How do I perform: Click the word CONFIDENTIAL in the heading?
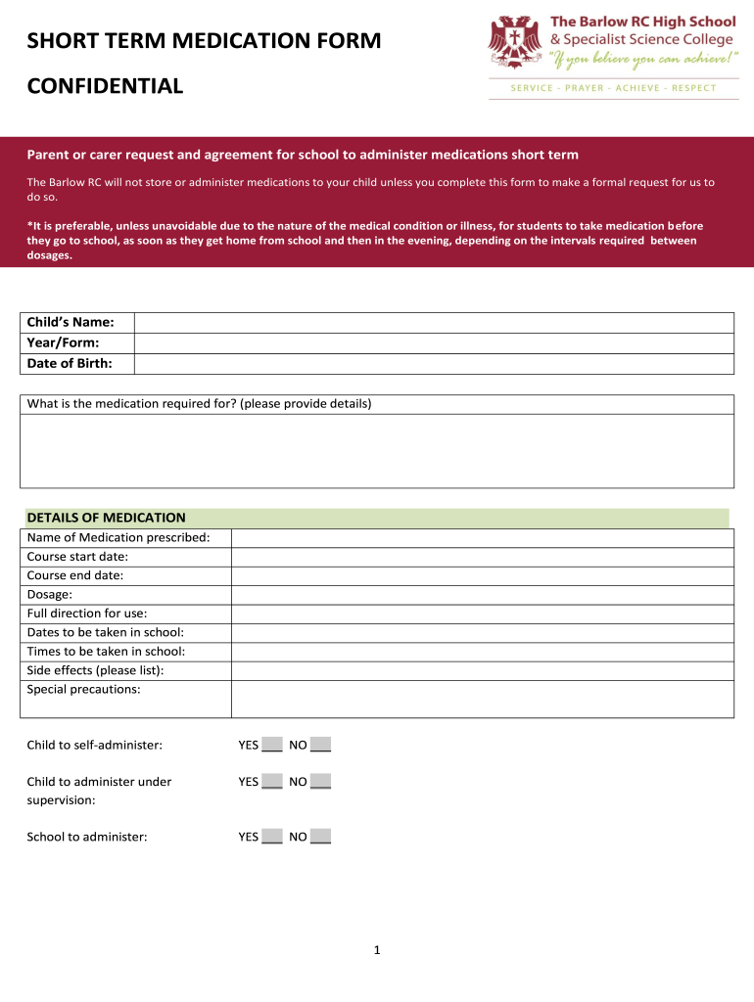105,86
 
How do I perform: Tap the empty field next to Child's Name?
433,323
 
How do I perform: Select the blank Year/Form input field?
433,343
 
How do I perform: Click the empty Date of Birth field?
433,364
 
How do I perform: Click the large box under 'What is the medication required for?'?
377,450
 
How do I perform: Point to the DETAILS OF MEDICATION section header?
106,518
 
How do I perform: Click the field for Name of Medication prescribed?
482,538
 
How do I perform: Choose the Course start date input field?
482,557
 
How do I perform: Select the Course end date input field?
482,575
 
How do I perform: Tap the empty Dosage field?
482,595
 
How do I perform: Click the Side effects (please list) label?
95,670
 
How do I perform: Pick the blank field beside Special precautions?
482,699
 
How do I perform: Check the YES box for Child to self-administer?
272,745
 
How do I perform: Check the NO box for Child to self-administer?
320,745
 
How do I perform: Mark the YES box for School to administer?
272,837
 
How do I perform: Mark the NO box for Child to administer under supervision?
320,781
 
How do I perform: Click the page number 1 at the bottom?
377,950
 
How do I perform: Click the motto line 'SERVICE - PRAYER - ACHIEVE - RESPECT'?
614,88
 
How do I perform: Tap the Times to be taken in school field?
482,652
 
